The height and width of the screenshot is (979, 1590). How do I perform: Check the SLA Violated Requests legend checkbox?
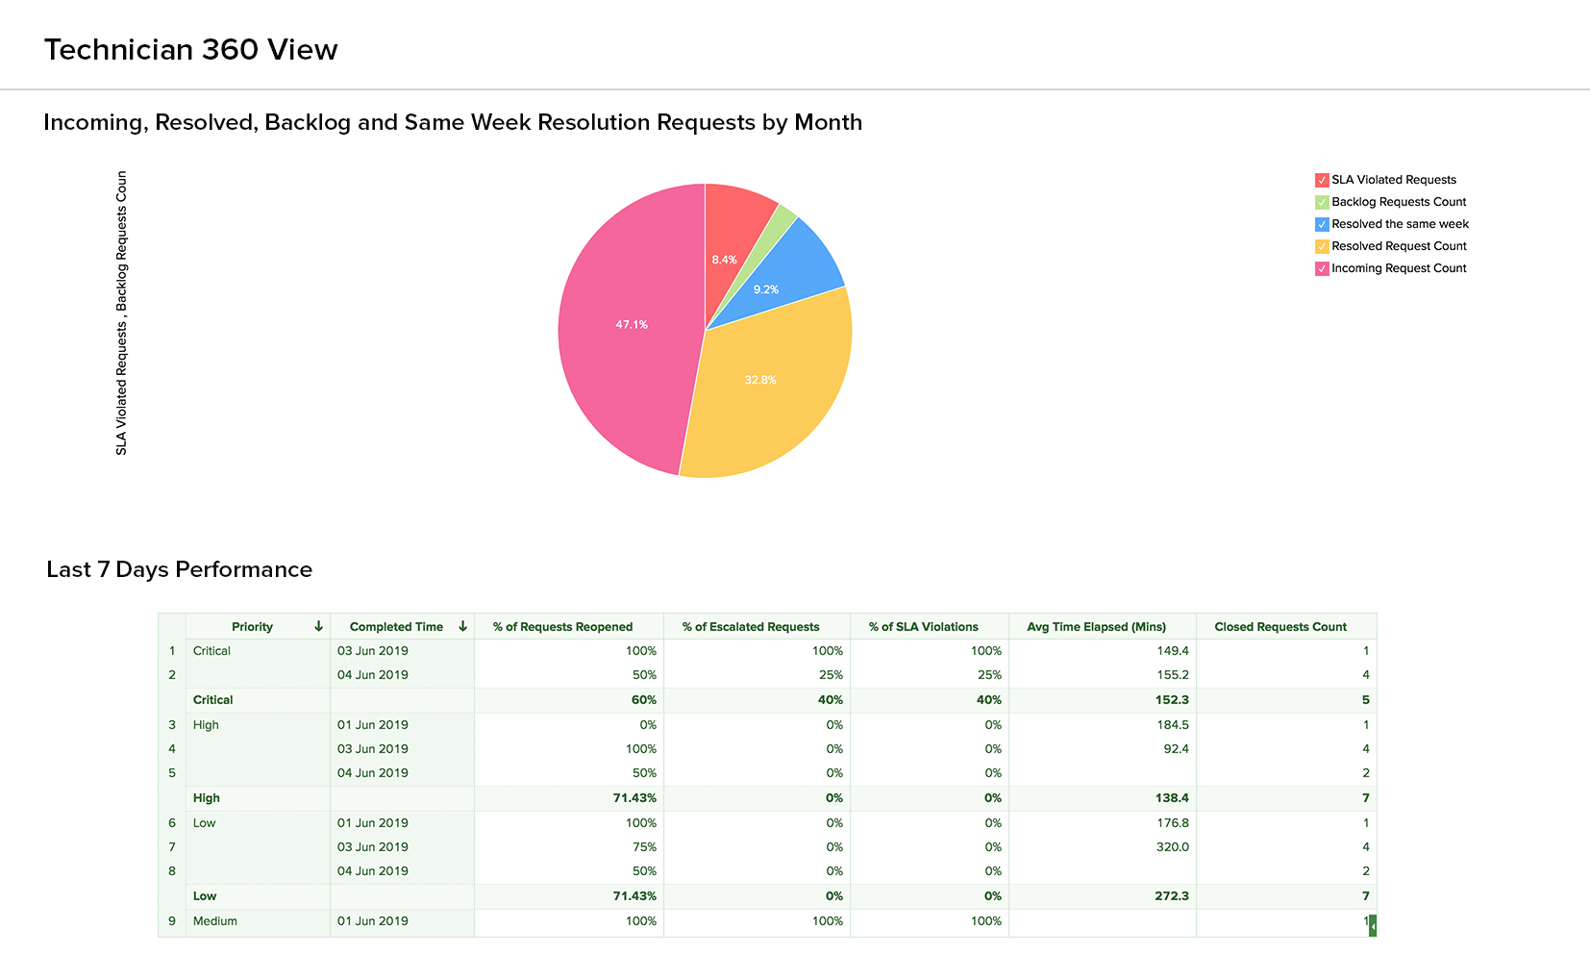(x=1322, y=180)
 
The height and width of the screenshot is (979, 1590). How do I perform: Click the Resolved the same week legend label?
(x=1400, y=224)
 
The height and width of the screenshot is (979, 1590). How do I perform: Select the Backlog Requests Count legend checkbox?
(x=1322, y=202)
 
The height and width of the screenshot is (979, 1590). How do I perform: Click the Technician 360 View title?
(x=191, y=50)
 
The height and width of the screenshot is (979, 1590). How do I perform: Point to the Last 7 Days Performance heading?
(x=180, y=569)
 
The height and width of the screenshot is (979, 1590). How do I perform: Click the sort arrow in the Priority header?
(x=318, y=626)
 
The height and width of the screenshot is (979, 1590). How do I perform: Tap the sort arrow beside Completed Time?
(x=462, y=626)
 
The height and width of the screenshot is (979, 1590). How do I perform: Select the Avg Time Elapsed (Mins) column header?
(x=1096, y=627)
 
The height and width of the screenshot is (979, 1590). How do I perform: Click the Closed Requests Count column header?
(x=1280, y=627)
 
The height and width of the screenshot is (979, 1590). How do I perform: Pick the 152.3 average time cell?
(x=1172, y=700)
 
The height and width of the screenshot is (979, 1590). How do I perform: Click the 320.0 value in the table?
(x=1172, y=847)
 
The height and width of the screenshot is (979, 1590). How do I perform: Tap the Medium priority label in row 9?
(x=214, y=921)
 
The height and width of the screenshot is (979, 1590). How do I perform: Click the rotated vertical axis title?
(x=122, y=313)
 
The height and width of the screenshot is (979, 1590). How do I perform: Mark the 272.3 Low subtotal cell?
(x=1171, y=896)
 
